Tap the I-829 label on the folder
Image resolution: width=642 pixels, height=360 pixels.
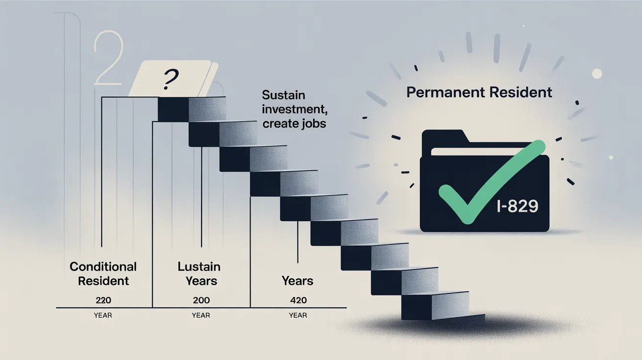coord(517,206)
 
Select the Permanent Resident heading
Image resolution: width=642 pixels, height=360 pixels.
coord(479,92)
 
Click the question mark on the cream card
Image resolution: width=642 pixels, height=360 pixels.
coord(170,79)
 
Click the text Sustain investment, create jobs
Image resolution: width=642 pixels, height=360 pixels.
coord(295,109)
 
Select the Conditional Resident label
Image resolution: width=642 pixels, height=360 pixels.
coord(103,274)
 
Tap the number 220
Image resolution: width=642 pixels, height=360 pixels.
coord(103,300)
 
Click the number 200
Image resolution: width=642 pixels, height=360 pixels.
coord(201,300)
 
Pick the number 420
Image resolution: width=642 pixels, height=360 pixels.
coord(298,300)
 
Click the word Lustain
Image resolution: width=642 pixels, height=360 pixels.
coord(199,267)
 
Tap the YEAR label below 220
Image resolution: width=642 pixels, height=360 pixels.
coord(103,315)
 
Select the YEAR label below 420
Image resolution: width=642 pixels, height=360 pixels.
coord(298,315)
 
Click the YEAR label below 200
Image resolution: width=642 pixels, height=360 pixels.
coord(201,315)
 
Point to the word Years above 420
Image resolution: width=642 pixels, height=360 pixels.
coord(298,281)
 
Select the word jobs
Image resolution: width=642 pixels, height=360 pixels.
coord(314,124)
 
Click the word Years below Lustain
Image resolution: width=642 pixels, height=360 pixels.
coord(201,281)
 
